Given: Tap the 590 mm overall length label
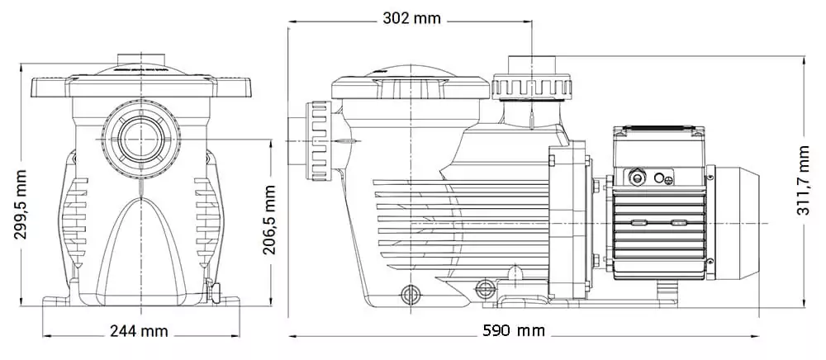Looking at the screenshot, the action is [x=514, y=331].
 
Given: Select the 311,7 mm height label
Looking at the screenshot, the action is [x=803, y=181].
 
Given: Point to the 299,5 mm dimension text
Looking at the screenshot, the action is [x=20, y=204].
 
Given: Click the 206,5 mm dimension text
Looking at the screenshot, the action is [x=269, y=220].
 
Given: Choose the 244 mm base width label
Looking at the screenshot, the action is [x=139, y=331].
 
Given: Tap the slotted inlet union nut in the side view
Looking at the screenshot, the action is [x=319, y=140].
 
